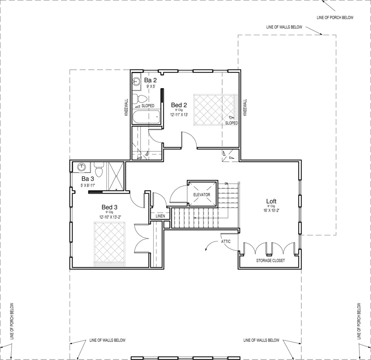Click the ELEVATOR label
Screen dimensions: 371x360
pyautogui.click(x=201, y=195)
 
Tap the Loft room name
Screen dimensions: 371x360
pyautogui.click(x=271, y=201)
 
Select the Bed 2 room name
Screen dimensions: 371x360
pyautogui.click(x=179, y=105)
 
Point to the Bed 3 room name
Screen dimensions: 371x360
pyautogui.click(x=109, y=207)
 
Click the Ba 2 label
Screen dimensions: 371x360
pyautogui.click(x=150, y=80)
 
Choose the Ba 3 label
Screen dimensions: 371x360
pyautogui.click(x=88, y=179)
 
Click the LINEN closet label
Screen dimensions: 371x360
pyautogui.click(x=160, y=216)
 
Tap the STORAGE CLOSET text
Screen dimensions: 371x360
pyautogui.click(x=270, y=261)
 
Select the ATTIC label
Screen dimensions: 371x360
pyautogui.click(x=226, y=241)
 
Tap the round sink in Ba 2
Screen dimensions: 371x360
pyautogui.click(x=136, y=82)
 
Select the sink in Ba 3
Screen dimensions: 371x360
pyautogui.click(x=82, y=167)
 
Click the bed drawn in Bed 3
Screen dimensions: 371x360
pyautogui.click(x=109, y=244)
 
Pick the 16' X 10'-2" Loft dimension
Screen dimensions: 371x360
pyautogui.click(x=271, y=210)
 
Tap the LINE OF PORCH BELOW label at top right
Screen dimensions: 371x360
pyautogui.click(x=335, y=17)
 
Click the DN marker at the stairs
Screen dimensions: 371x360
pyautogui.click(x=226, y=183)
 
